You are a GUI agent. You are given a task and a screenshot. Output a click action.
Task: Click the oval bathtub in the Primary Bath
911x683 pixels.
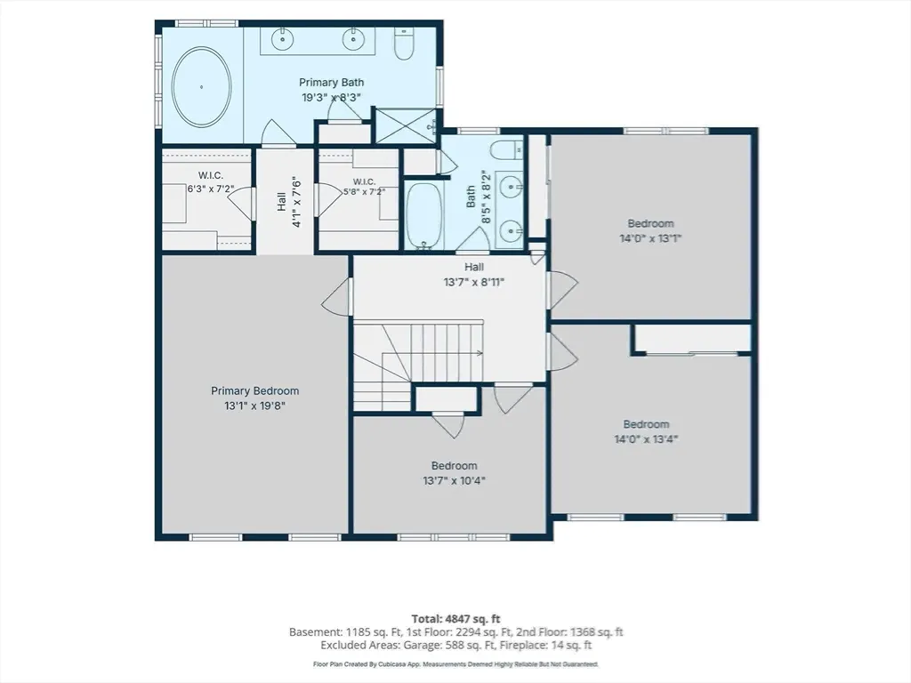click(201, 87)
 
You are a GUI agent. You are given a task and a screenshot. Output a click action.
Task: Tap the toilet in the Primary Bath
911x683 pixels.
click(404, 44)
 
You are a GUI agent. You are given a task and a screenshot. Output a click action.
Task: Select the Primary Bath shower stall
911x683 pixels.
click(405, 125)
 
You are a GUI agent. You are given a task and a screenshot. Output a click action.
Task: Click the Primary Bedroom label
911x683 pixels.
click(255, 391)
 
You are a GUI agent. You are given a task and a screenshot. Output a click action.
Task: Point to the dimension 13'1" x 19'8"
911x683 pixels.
click(255, 406)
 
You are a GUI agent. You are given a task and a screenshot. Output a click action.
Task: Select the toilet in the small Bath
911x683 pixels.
click(506, 149)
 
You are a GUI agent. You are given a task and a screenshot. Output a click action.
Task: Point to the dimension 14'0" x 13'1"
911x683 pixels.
click(650, 238)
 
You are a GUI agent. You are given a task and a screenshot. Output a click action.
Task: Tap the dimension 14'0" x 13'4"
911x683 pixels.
click(646, 439)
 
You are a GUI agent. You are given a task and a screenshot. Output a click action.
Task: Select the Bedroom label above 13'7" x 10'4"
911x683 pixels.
click(455, 466)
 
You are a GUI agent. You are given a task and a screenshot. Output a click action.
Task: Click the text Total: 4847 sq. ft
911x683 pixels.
click(456, 619)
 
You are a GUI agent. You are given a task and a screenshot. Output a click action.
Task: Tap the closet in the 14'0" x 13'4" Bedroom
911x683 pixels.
click(691, 339)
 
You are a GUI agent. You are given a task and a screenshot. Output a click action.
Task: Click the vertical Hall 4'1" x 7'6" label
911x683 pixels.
click(289, 201)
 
